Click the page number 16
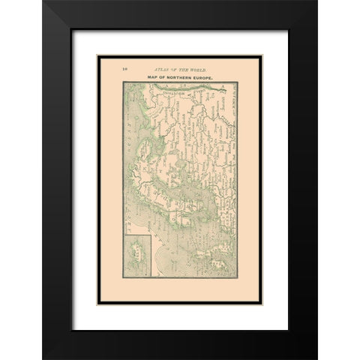pyautogui.click(x=124, y=68)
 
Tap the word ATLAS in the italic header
pyautogui.click(x=160, y=68)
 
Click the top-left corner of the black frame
pyautogui.click(x=43, y=1)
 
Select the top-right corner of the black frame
pyautogui.click(x=316, y=1)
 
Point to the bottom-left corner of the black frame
pyautogui.click(x=43, y=358)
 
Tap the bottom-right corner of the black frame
pyautogui.click(x=316, y=358)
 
